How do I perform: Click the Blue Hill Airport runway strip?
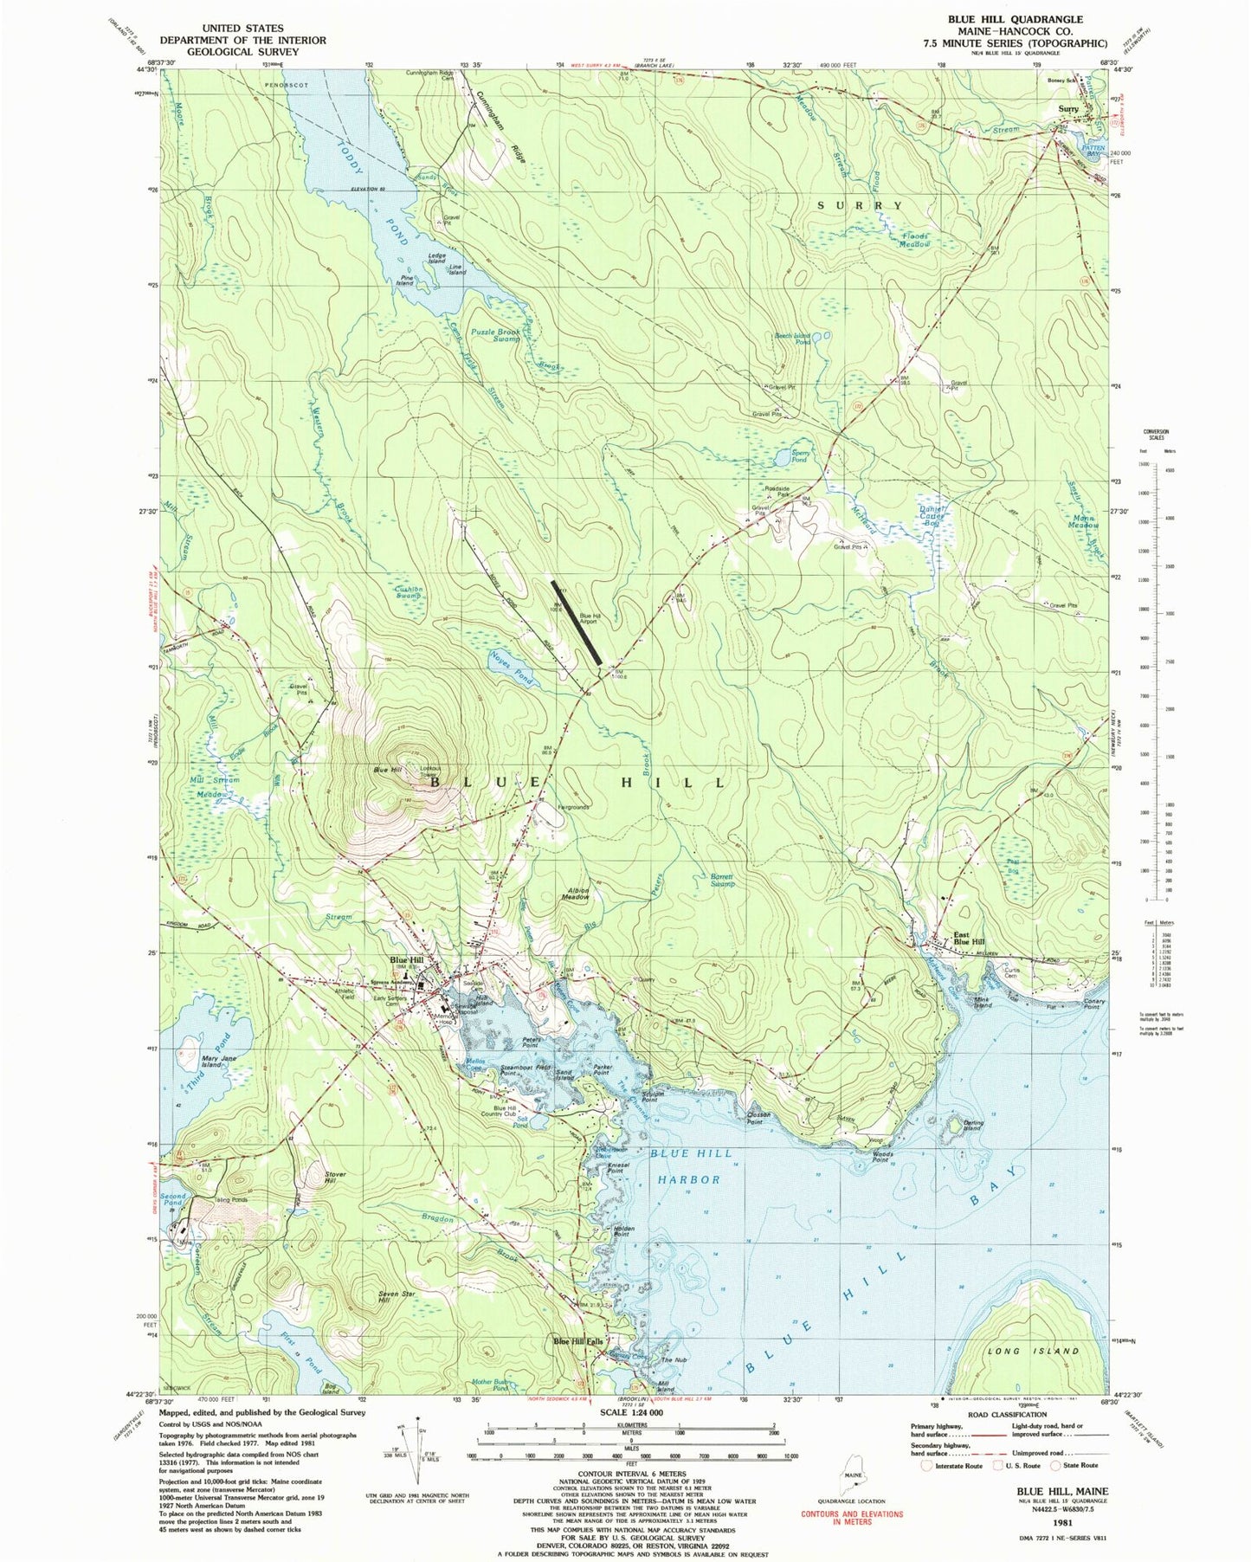pos(577,623)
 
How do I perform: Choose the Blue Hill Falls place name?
pos(578,1342)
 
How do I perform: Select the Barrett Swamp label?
pos(716,880)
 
